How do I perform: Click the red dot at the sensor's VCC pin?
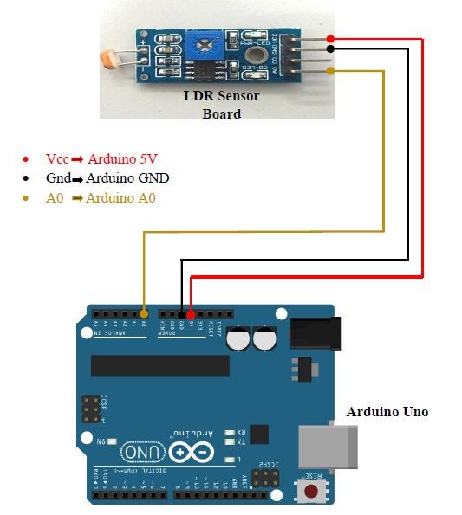tap(332, 39)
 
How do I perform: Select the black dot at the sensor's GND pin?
tap(332, 49)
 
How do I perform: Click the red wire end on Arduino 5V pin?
tap(191, 313)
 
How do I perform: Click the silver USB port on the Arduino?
tap(329, 446)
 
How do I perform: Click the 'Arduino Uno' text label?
tap(387, 412)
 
